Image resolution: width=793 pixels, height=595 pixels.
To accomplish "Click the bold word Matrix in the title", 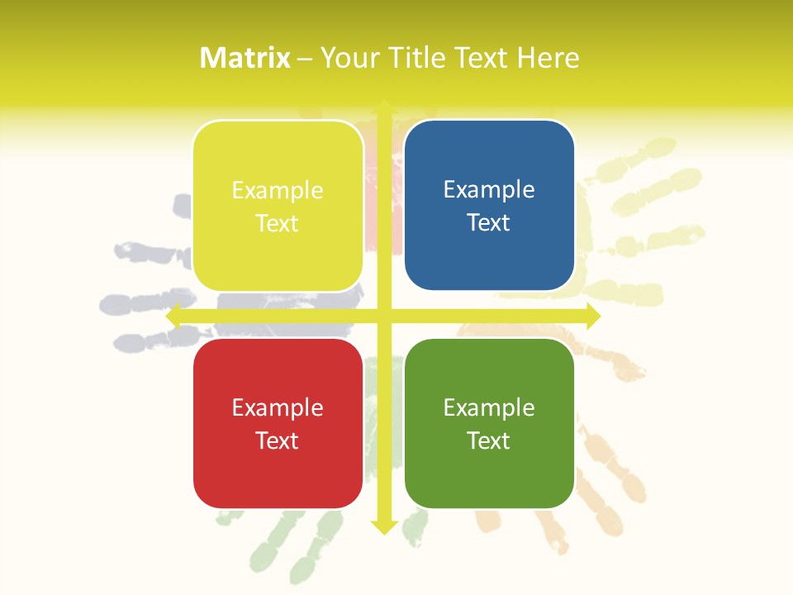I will pyautogui.click(x=245, y=58).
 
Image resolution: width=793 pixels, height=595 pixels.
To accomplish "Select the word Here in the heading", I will pyautogui.click(x=548, y=58).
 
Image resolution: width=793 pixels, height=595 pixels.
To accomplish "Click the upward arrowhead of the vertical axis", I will pyautogui.click(x=384, y=107).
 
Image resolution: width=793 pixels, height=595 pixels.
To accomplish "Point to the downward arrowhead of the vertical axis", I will pyautogui.click(x=384, y=526).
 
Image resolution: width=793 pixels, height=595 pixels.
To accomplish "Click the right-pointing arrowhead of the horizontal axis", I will pyautogui.click(x=593, y=316).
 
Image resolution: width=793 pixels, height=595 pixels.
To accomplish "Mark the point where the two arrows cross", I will pyautogui.click(x=384, y=316).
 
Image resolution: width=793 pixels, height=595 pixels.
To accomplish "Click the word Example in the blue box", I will pyautogui.click(x=489, y=189).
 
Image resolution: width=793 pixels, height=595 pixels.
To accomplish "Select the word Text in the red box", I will pyautogui.click(x=278, y=440).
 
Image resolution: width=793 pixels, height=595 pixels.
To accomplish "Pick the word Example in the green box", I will pyautogui.click(x=489, y=407).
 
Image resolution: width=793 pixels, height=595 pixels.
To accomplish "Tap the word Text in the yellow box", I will pyautogui.click(x=278, y=223).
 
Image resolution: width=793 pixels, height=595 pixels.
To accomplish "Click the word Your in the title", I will pyautogui.click(x=347, y=58).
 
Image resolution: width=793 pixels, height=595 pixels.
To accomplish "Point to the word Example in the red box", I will pyautogui.click(x=278, y=407).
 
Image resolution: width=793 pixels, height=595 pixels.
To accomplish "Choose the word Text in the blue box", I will pyautogui.click(x=489, y=222).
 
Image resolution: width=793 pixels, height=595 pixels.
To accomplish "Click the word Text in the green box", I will pyautogui.click(x=489, y=440).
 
